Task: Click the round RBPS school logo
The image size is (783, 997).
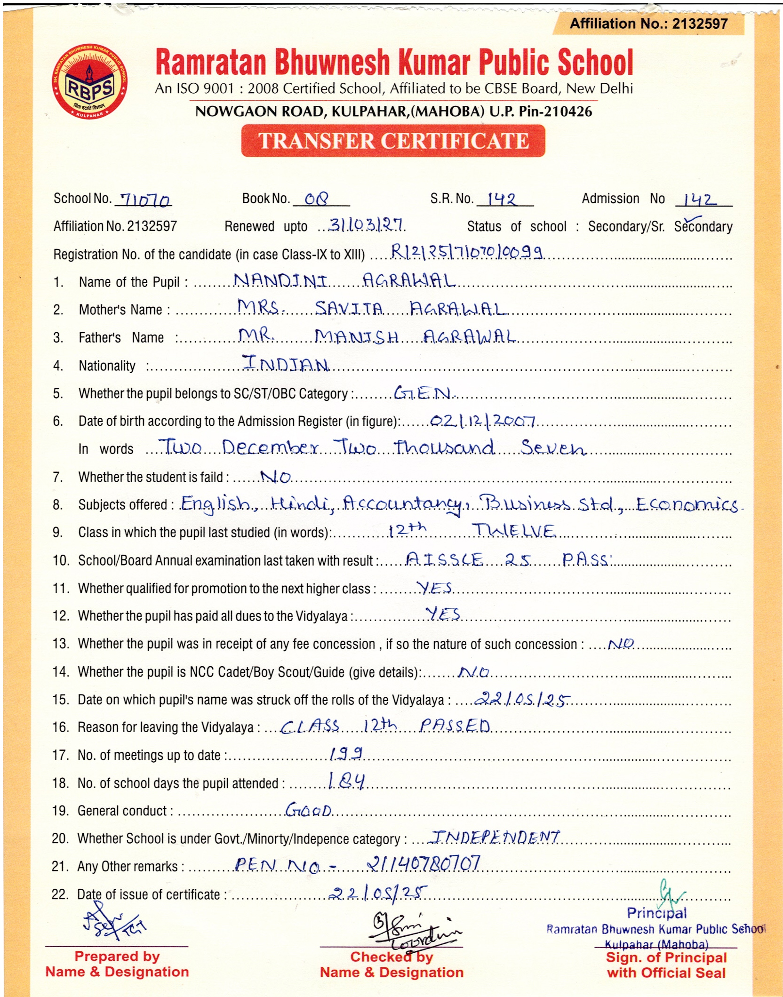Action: tap(89, 83)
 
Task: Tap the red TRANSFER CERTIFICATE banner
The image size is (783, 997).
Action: tap(393, 141)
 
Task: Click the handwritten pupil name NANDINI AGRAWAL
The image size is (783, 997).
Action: tap(344, 281)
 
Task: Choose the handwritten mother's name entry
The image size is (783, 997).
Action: tap(372, 309)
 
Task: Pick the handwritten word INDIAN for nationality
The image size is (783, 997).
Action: tap(285, 363)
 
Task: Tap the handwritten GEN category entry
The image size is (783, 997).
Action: tap(422, 392)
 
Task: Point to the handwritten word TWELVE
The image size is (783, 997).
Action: tap(514, 531)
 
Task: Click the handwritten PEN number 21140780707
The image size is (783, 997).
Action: tap(423, 863)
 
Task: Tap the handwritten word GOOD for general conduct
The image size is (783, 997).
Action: tap(308, 810)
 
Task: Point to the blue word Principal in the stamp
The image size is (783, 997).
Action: tap(657, 913)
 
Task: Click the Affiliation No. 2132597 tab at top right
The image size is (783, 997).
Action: tap(648, 24)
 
